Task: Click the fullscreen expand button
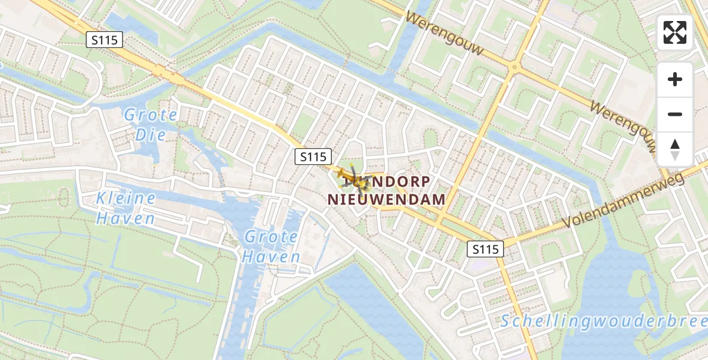(x=675, y=32)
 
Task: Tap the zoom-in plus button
(x=675, y=79)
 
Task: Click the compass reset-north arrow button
(x=675, y=149)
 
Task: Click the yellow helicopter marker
(x=355, y=178)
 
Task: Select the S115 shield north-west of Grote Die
(x=104, y=40)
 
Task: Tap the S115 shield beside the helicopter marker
(x=314, y=157)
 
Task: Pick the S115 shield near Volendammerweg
(x=485, y=249)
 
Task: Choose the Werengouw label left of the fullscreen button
(x=445, y=34)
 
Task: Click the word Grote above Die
(x=151, y=115)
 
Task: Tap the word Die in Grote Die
(x=150, y=134)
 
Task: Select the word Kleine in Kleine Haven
(x=127, y=199)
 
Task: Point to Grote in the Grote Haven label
(x=271, y=237)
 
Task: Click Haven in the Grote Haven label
(x=271, y=257)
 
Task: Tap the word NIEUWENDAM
(x=386, y=199)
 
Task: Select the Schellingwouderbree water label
(x=604, y=321)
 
